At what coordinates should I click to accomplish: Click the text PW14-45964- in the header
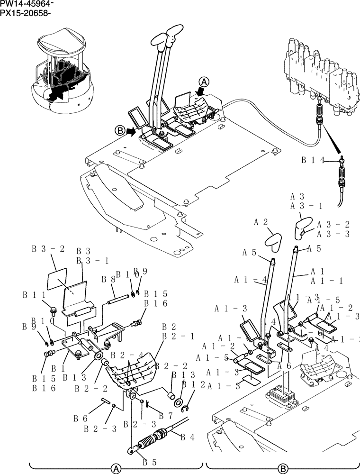pyautogui.click(x=27, y=4)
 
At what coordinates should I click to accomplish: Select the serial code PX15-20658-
pyautogui.click(x=26, y=12)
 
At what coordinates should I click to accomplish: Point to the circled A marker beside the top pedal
pyautogui.click(x=203, y=82)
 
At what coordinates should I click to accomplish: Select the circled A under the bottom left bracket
pyautogui.click(x=116, y=468)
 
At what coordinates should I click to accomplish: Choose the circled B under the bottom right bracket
pyautogui.click(x=283, y=468)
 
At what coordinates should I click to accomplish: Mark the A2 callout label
pyautogui.click(x=261, y=222)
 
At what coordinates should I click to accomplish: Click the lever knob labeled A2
pyautogui.click(x=273, y=239)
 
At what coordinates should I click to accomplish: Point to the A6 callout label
pyautogui.click(x=284, y=366)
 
